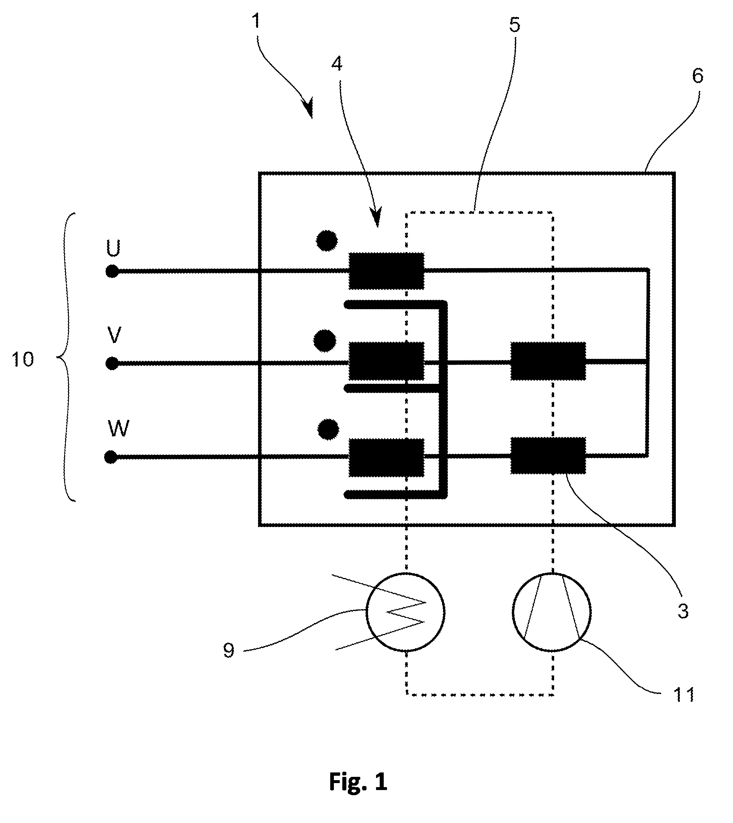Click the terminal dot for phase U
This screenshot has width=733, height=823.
coord(112,272)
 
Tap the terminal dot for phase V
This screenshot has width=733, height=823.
coord(112,364)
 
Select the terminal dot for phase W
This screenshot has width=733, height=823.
coord(110,457)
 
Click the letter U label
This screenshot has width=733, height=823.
coord(113,248)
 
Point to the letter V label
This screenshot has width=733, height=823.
coord(114,335)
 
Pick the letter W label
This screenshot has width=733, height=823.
coord(118,429)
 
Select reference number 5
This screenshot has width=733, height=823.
coord(515,25)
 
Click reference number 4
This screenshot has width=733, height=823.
coord(337,64)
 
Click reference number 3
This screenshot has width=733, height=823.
coord(683,611)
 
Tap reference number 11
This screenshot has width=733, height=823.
coord(684,695)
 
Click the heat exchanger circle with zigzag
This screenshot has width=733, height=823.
coord(405,612)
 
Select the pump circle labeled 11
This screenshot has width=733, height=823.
coord(552,612)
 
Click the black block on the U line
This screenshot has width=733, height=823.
coord(386,271)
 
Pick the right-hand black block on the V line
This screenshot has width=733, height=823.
coord(548,361)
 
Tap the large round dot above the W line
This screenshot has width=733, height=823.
coord(328,430)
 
